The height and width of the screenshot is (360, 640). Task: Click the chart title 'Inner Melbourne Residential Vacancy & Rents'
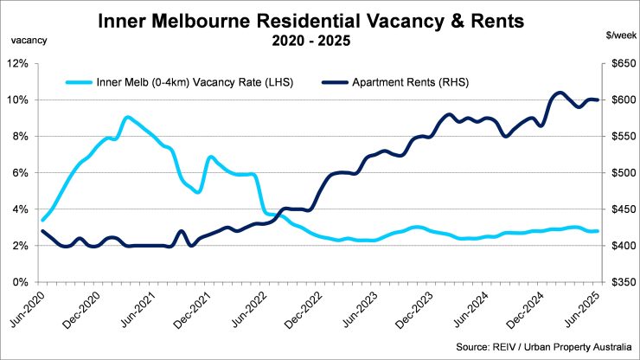pyautogui.click(x=319, y=20)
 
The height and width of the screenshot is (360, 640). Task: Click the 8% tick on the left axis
pyautogui.click(x=21, y=137)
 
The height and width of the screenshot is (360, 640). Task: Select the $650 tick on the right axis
pyautogui.click(x=620, y=63)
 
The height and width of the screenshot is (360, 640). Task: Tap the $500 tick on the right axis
pyautogui.click(x=620, y=173)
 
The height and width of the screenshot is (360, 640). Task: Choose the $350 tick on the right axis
pyautogui.click(x=620, y=282)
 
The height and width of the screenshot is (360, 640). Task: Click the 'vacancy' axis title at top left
pyautogui.click(x=29, y=40)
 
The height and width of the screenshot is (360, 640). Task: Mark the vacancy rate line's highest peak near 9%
pyautogui.click(x=127, y=117)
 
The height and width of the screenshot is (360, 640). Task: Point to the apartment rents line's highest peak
pyautogui.click(x=560, y=93)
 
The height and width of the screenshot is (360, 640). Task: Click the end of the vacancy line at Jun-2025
pyautogui.click(x=598, y=231)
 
